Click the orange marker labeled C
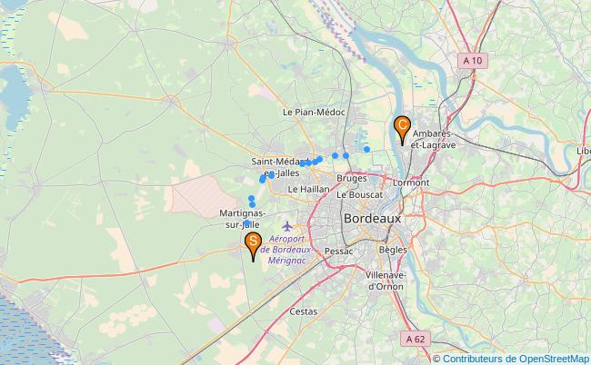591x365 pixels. [401, 128]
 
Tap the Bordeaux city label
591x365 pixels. [373, 219]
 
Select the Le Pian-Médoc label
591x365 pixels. [314, 113]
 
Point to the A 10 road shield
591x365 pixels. [470, 60]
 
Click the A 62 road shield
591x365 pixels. [416, 339]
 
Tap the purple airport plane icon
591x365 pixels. [289, 225]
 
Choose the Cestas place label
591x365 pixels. [303, 311]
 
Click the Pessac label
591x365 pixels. [337, 249]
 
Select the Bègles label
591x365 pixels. [393, 249]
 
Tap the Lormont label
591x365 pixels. [410, 182]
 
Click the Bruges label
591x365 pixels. [351, 179]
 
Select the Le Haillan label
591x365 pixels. [308, 189]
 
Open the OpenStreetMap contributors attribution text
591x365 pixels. [512, 359]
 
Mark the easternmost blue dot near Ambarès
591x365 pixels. [366, 148]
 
